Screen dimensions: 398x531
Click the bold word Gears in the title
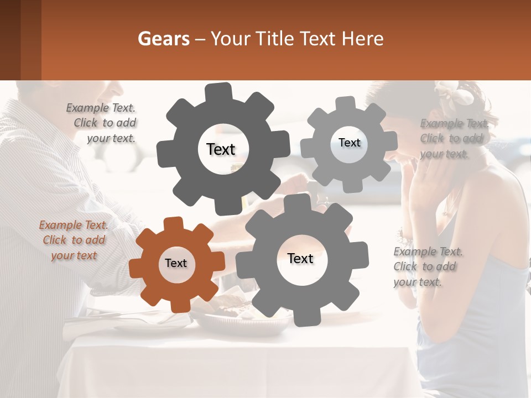(163, 39)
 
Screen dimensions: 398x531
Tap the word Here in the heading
(363, 39)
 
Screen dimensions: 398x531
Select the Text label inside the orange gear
(176, 264)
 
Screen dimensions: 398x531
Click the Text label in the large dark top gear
(221, 149)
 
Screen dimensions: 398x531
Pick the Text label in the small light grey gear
(349, 143)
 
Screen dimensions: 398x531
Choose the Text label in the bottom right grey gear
(300, 259)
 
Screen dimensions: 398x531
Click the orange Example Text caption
(74, 240)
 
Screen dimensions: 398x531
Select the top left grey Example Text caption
(102, 123)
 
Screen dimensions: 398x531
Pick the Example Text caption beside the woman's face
(452, 138)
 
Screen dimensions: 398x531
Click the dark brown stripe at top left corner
(10, 40)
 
